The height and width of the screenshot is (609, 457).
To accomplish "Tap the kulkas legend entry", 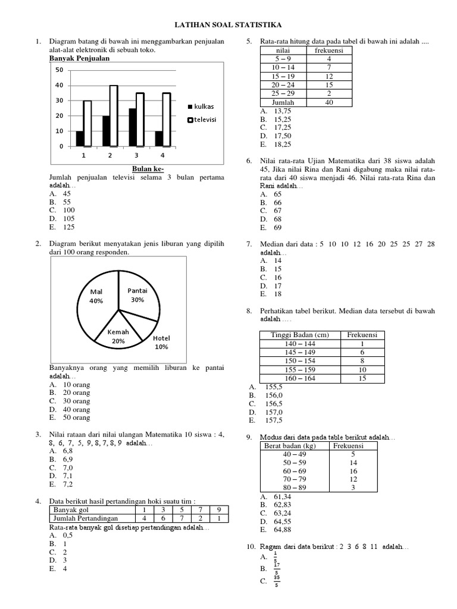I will coord(200,106).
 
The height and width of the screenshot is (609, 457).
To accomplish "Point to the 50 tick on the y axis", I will coord(59,70).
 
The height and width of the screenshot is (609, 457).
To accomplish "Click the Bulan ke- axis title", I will coord(148,168).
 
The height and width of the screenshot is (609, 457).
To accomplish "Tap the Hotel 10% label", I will coord(161,342).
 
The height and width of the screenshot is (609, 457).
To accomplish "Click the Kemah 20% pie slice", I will coord(118,337).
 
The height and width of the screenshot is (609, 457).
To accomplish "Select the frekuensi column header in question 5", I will coord(329,51).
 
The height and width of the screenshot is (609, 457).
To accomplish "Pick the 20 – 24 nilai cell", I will coord(283,84).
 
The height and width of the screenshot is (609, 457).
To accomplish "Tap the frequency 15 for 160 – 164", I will coord(362,378).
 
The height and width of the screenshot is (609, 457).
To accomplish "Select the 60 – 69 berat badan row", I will coord(283,470).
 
